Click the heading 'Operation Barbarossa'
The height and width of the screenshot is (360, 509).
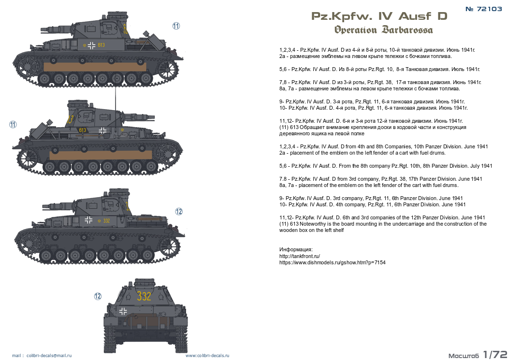coord(383,30)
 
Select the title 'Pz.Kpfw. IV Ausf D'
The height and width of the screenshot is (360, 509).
coord(379,16)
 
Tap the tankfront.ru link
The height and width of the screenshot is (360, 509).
coord(300,256)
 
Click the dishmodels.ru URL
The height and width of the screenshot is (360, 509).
coord(333,262)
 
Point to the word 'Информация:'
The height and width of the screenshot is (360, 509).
coord(296,250)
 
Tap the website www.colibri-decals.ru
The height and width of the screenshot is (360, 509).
coord(207,356)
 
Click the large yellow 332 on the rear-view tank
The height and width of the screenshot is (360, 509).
coord(144,296)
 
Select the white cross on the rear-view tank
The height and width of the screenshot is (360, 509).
coord(123,311)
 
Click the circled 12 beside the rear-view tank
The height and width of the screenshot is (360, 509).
coord(98,296)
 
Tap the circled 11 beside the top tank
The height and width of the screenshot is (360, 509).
coord(176,26)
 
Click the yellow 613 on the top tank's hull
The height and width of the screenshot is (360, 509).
coord(101,45)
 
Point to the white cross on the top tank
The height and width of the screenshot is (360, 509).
coord(91,45)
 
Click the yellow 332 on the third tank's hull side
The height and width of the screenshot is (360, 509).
coord(106,221)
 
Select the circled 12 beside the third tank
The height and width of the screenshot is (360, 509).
coord(179,212)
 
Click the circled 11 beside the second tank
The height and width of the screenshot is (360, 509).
coord(13,124)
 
